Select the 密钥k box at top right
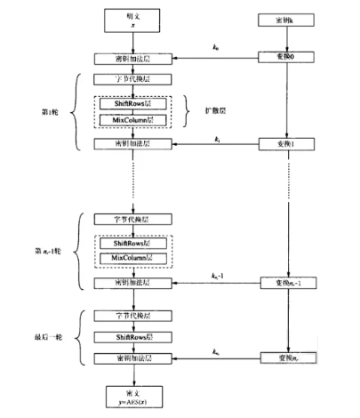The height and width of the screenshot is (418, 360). click(285, 20)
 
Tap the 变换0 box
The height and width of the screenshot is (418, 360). click(285, 59)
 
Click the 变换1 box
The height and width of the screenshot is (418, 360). click(285, 143)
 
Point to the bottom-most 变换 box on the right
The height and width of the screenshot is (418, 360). click(285, 358)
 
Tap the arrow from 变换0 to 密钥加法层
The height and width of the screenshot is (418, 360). click(204, 60)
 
